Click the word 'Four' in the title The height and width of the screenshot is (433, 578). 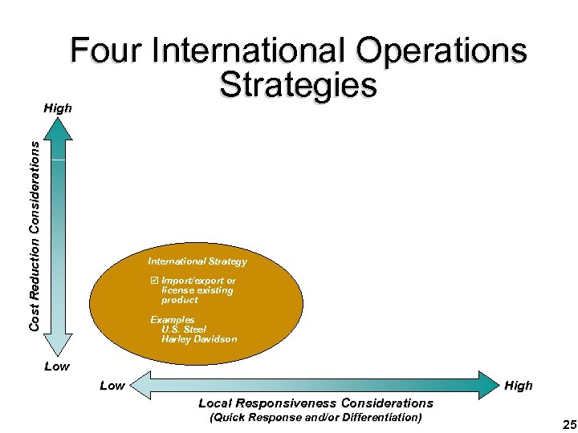coord(109,51)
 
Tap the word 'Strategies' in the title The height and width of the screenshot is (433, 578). coord(298,85)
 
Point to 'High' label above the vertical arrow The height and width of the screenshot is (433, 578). coord(58,108)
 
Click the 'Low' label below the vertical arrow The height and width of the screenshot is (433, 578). coord(56,366)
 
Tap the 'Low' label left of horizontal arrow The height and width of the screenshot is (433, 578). coord(112,386)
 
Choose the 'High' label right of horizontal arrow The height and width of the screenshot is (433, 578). coord(518,386)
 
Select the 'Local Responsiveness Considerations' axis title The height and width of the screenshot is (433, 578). coord(315,403)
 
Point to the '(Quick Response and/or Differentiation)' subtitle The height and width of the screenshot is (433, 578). coord(315,418)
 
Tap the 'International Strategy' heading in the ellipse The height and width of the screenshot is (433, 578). coord(197,261)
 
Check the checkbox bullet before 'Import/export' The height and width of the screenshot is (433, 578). coord(154,281)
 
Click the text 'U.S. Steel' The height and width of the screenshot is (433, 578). coord(184,330)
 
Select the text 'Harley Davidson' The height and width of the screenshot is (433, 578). coord(198,339)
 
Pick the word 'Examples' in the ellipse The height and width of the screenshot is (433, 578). coord(173,320)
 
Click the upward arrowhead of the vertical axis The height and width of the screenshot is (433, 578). coord(57,128)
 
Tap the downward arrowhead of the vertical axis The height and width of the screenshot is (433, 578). coord(57,345)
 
